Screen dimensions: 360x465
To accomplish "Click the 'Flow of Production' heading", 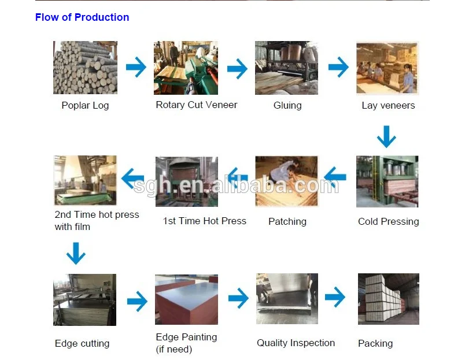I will [x=82, y=17].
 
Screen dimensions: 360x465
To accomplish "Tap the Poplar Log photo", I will [x=85, y=68].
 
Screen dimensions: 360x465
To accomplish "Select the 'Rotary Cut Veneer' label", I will [x=197, y=105].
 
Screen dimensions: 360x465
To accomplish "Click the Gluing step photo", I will [x=287, y=68].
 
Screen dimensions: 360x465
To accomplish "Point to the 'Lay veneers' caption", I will [x=388, y=105].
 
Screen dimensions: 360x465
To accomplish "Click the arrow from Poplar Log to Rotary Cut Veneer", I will [x=136, y=67].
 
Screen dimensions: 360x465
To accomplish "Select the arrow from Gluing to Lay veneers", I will [x=338, y=67].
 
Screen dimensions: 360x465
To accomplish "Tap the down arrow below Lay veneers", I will [x=386, y=138].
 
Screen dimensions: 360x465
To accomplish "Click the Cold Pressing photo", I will [x=387, y=181].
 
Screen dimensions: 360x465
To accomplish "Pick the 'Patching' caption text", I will [x=287, y=221].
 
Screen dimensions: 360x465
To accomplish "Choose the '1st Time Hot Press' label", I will [x=205, y=221].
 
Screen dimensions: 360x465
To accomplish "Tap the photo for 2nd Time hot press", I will [x=85, y=180].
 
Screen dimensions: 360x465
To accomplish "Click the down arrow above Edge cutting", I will [x=76, y=253].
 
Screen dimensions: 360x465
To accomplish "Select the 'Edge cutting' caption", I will [x=82, y=343].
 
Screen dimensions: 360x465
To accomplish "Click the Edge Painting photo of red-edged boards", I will [x=186, y=300].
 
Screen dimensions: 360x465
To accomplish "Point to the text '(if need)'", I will [x=174, y=349].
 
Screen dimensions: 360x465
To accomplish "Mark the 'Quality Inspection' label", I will [x=296, y=343].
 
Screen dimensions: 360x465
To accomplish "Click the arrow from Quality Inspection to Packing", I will [x=335, y=298].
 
